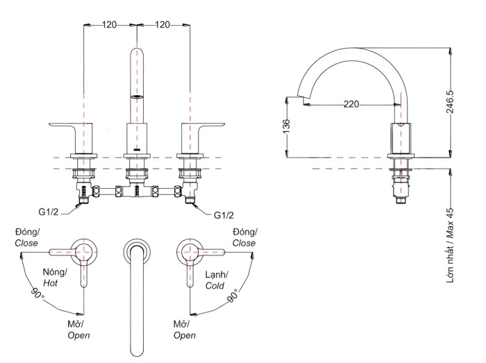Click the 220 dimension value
click(352, 105)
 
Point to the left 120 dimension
click(110, 24)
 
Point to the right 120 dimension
click(163, 24)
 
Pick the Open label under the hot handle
click(78, 335)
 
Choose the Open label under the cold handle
click(184, 335)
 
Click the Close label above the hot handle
click(26, 243)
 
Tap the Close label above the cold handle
click(244, 243)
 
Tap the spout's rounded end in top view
click(137, 347)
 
